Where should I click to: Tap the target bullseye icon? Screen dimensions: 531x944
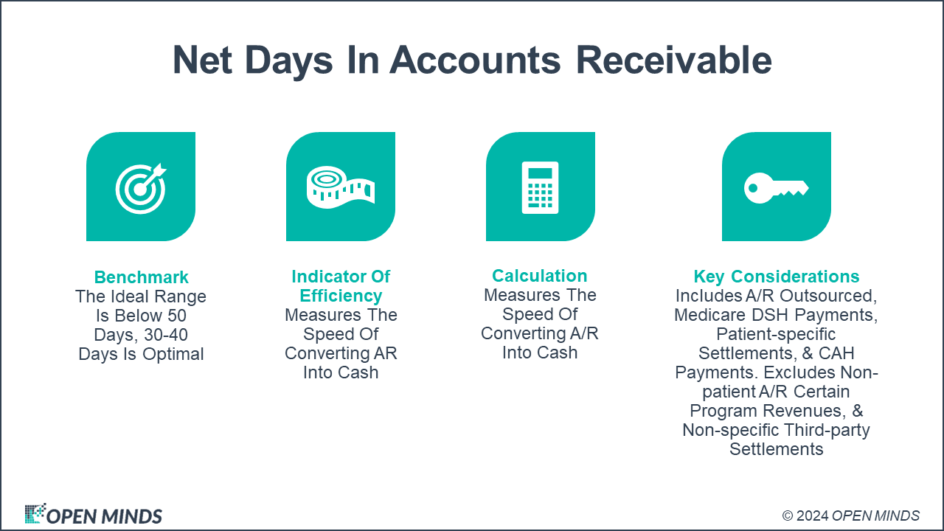[x=140, y=187]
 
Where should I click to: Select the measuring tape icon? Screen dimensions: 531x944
[x=340, y=187]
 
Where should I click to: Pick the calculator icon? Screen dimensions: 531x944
[x=540, y=187]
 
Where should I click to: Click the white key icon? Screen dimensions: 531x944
[x=776, y=187]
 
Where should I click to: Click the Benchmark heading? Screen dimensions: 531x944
[x=141, y=277]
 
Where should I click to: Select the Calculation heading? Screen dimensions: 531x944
[x=540, y=276]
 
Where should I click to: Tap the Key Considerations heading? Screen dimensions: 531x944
[x=776, y=277]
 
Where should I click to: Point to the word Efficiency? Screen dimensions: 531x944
[x=341, y=296]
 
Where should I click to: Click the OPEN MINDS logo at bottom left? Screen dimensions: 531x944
[x=94, y=515]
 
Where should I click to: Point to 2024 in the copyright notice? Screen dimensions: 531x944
[x=811, y=516]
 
